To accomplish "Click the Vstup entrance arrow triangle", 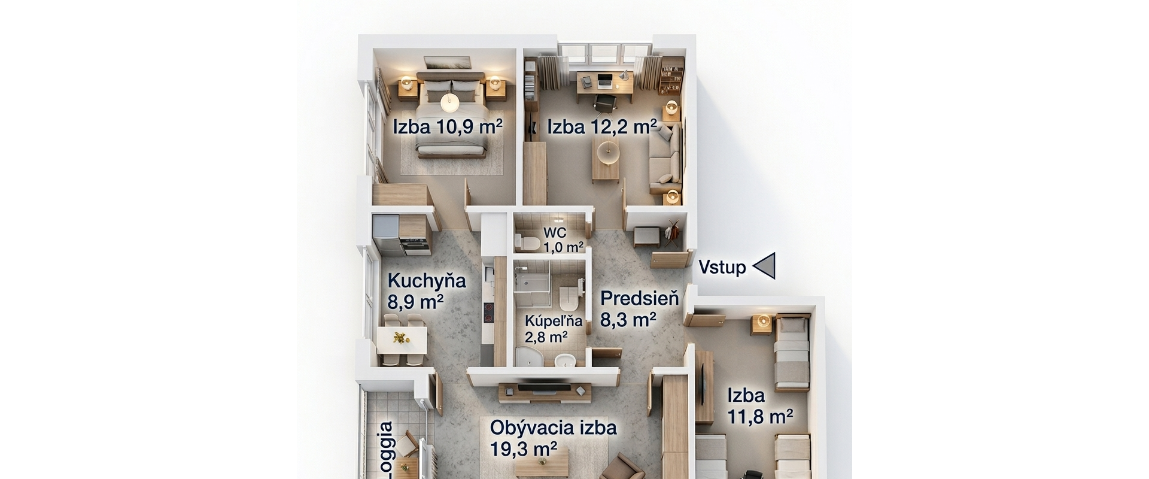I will (x=766, y=266).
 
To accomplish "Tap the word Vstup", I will (x=722, y=267).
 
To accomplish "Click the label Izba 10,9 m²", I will (x=447, y=127).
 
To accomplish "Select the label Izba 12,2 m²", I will (x=601, y=127).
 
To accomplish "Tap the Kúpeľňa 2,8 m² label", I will (x=546, y=329).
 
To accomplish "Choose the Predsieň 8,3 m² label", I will (x=639, y=308).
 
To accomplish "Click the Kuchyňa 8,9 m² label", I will (x=425, y=291).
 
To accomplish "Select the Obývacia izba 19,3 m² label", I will (x=552, y=438).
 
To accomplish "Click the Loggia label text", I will (x=386, y=449).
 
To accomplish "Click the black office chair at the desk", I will (x=606, y=102).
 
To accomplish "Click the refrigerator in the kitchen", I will (x=385, y=228).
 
